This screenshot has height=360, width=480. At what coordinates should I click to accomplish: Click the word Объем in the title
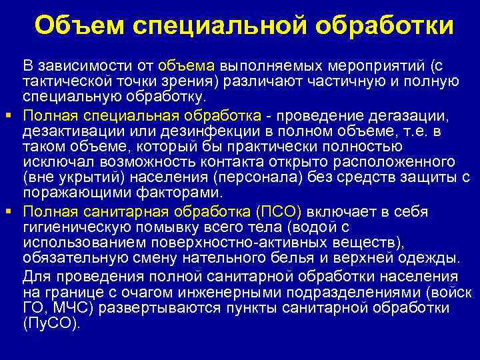pos(79,26)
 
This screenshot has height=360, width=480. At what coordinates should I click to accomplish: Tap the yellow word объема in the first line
pos(187,66)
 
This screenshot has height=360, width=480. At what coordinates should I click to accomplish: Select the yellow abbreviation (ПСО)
pos(279,212)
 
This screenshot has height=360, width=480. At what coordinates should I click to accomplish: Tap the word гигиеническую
pos(75,228)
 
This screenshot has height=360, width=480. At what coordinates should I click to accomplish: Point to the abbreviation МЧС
pos(64,308)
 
